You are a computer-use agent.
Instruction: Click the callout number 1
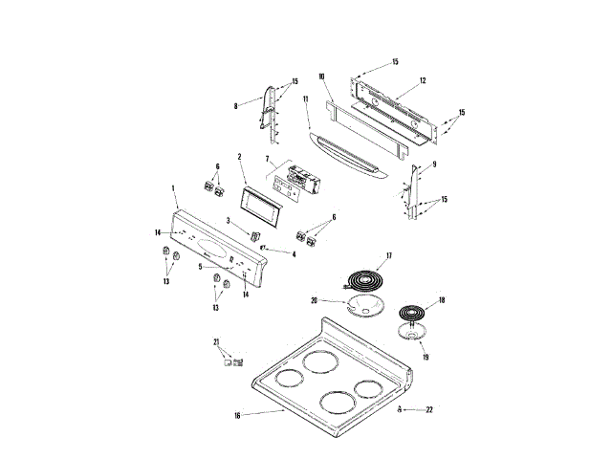click(173, 189)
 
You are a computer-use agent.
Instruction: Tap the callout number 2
click(239, 156)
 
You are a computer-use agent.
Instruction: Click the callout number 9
click(433, 164)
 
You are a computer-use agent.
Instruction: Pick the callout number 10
click(321, 76)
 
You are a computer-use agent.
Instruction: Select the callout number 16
click(236, 416)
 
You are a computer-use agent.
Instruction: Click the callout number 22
click(429, 409)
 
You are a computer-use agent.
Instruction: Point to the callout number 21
click(216, 341)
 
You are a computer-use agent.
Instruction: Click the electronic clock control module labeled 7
click(295, 181)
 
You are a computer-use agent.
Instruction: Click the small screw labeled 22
click(399, 409)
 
